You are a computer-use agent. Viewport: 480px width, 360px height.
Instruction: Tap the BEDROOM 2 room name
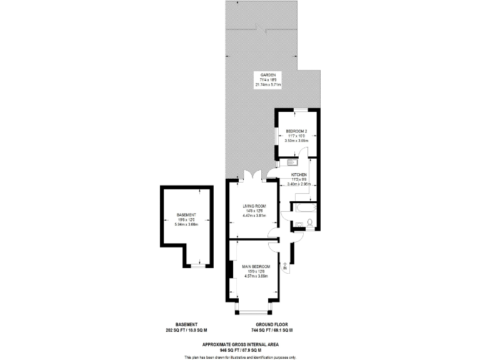[x=297, y=131]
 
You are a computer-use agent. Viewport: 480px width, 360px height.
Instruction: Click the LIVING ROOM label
[x=254, y=206]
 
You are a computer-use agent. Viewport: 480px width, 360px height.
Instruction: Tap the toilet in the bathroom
[x=309, y=222]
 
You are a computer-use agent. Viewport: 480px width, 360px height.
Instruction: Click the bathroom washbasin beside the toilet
[x=298, y=223]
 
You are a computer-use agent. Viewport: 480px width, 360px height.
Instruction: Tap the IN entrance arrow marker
[x=285, y=267]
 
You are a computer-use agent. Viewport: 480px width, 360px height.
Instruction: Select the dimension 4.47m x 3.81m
[x=254, y=216]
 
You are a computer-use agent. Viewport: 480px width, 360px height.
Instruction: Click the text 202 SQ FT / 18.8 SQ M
[x=186, y=330]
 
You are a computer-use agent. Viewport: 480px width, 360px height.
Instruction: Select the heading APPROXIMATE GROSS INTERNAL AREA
[x=240, y=344]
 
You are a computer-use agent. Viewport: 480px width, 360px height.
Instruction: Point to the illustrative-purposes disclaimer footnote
[x=240, y=357]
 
